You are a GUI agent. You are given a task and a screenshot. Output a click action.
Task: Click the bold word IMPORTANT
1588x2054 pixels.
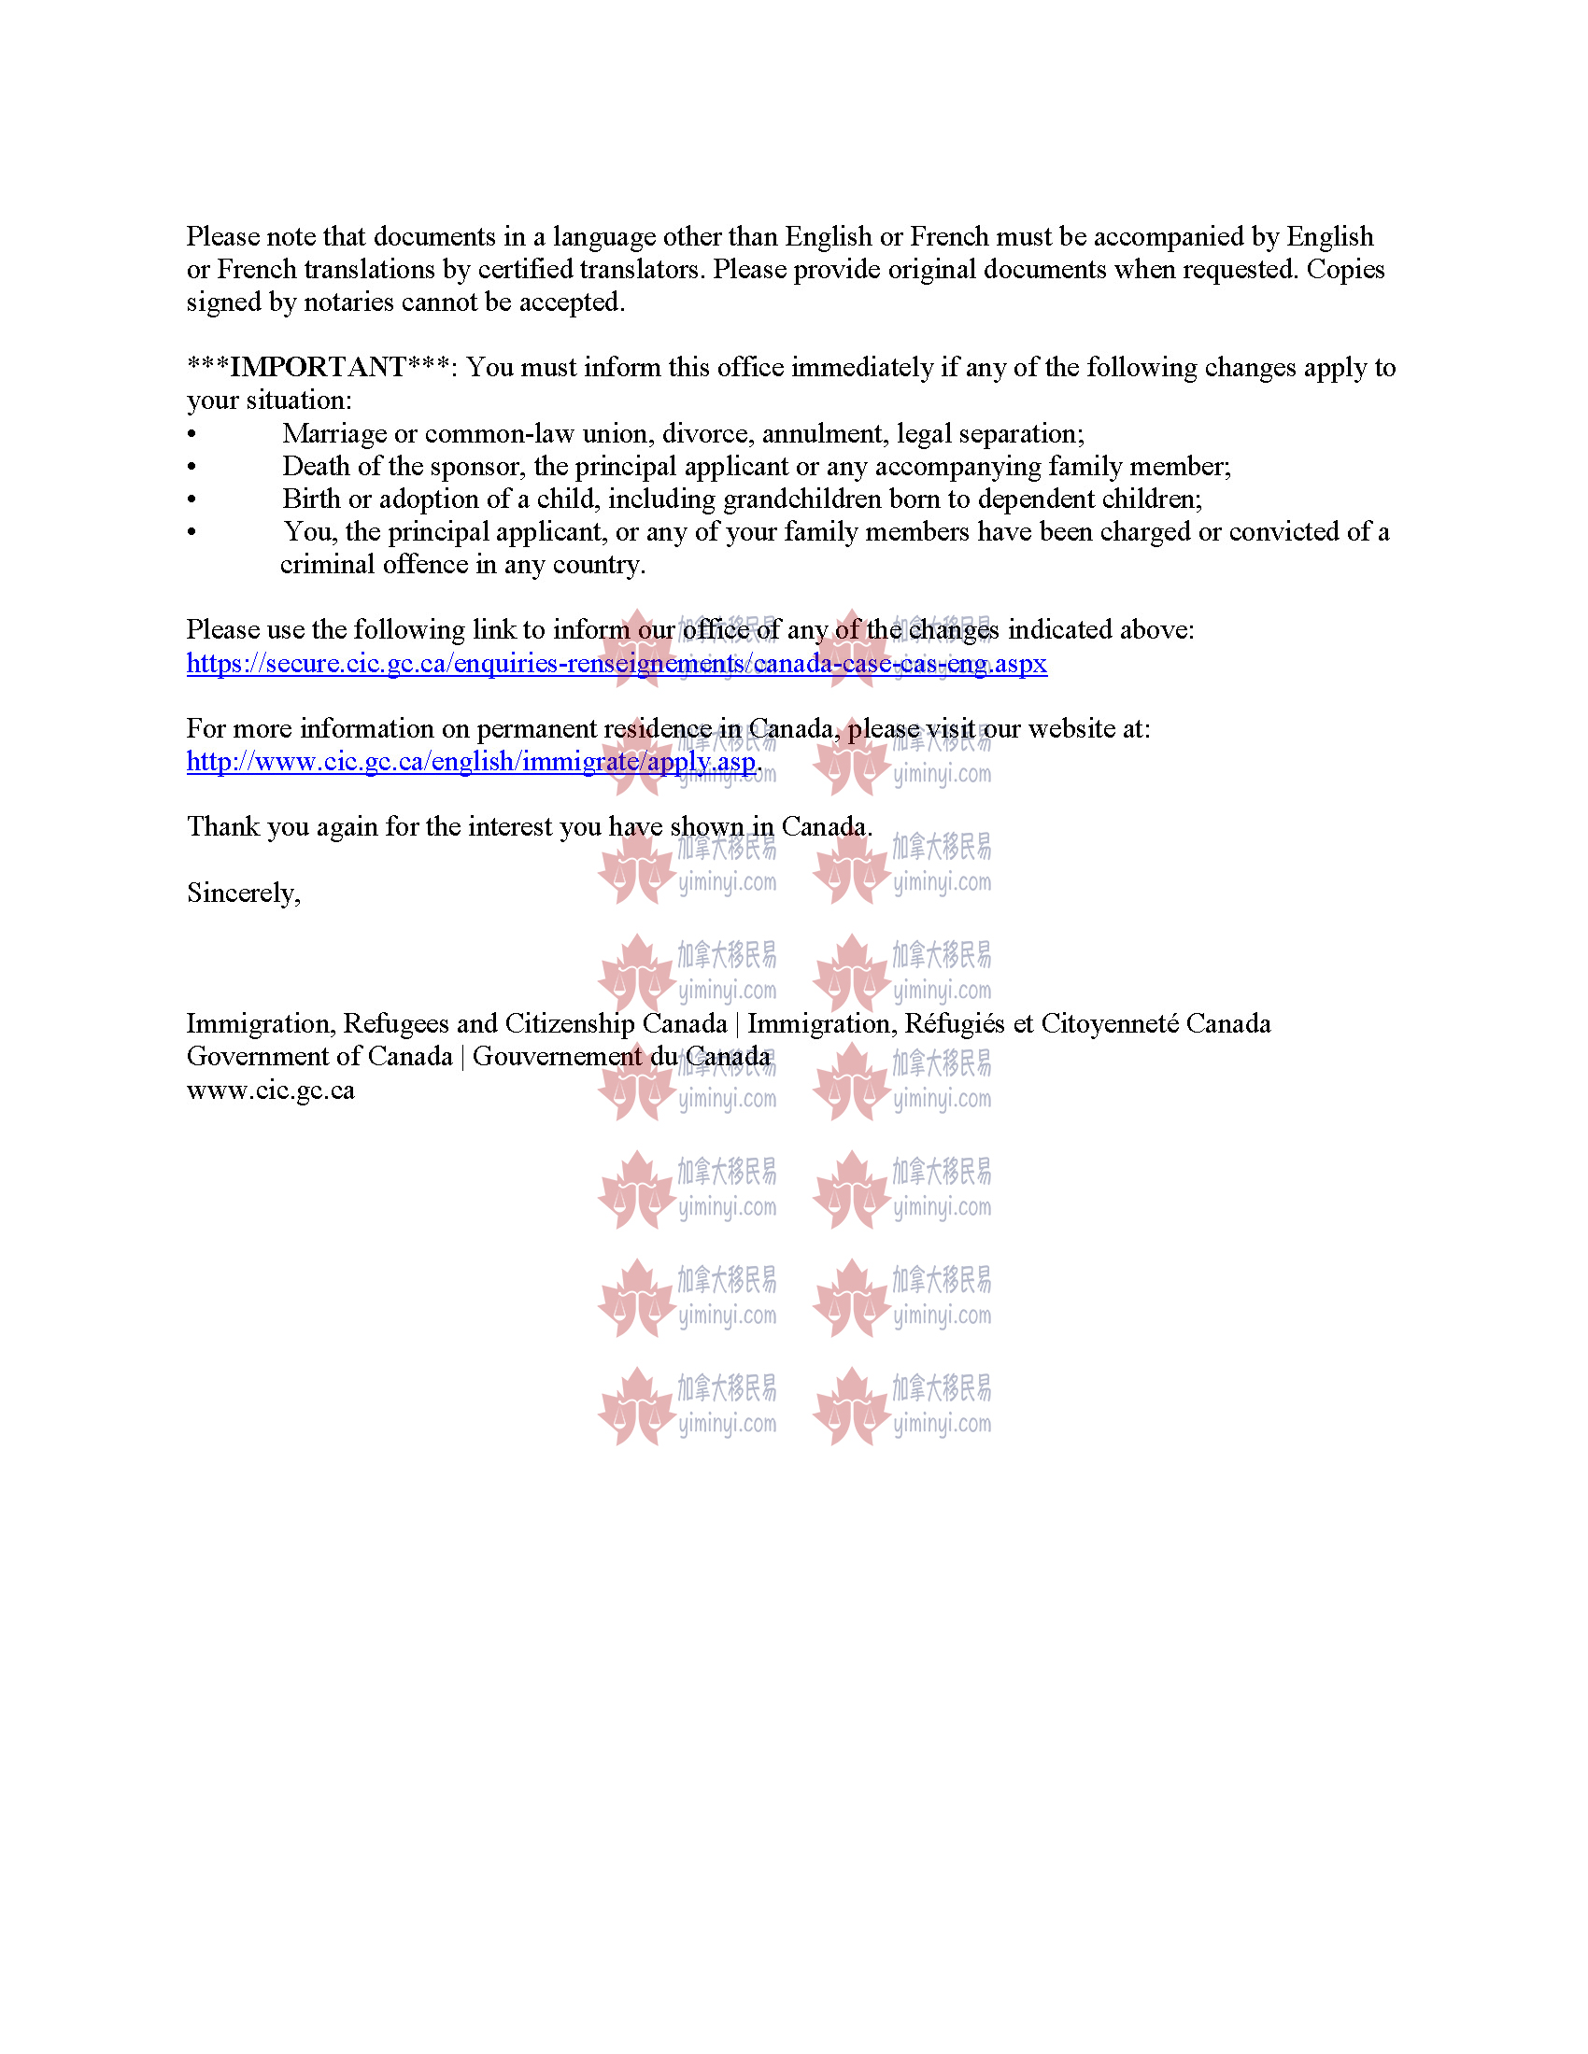[318, 367]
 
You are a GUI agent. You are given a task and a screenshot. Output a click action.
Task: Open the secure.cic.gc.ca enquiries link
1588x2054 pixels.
[617, 664]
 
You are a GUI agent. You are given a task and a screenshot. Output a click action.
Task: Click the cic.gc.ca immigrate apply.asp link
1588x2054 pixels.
[471, 762]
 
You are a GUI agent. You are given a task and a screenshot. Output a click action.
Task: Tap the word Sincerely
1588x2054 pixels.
[243, 893]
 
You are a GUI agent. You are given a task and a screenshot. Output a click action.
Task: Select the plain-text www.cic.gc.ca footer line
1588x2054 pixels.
[270, 1090]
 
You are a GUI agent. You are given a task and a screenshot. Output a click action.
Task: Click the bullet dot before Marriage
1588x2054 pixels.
[191, 434]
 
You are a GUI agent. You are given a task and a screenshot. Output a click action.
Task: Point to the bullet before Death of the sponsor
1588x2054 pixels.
[191, 468]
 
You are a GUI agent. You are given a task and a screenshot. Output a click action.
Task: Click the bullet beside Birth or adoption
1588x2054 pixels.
[191, 499]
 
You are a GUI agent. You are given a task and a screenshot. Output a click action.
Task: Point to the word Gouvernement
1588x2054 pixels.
[556, 1056]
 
